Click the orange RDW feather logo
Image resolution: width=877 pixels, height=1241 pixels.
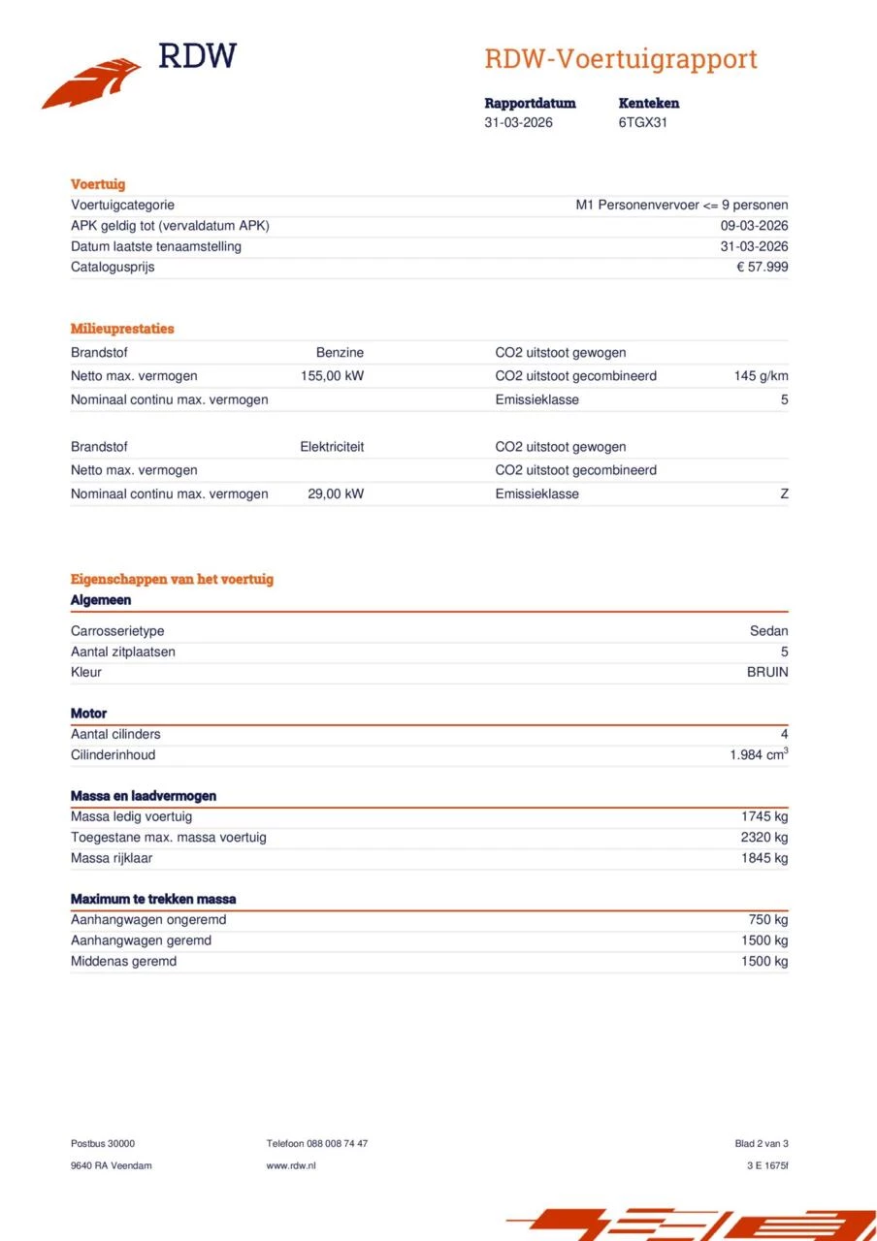coord(91,83)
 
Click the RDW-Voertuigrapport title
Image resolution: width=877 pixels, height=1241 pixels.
coord(620,59)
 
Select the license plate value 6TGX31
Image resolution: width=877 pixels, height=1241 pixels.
coord(642,123)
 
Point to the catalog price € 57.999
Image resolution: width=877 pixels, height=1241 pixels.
coord(763,267)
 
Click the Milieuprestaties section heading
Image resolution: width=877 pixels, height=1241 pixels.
coord(122,329)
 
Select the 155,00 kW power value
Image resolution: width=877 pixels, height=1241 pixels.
coord(333,376)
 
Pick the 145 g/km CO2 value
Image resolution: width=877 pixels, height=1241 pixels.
coord(761,376)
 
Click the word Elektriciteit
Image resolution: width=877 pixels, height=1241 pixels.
coord(332,447)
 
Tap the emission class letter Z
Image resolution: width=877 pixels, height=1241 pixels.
coord(784,493)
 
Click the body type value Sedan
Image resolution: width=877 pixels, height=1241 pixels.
coord(768,631)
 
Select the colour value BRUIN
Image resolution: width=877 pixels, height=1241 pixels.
coord(766,672)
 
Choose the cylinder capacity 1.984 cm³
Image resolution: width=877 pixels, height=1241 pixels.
coord(759,754)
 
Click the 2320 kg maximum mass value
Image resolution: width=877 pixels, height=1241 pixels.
coord(764,837)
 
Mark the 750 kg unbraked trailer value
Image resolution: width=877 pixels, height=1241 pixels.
coord(768,919)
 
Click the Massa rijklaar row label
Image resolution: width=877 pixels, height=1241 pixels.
coord(112,858)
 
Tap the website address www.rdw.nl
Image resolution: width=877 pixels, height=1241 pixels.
coord(291,1165)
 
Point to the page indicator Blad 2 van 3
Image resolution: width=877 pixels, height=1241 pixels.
coord(762,1143)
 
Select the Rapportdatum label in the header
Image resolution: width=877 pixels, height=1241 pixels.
coord(530,103)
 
